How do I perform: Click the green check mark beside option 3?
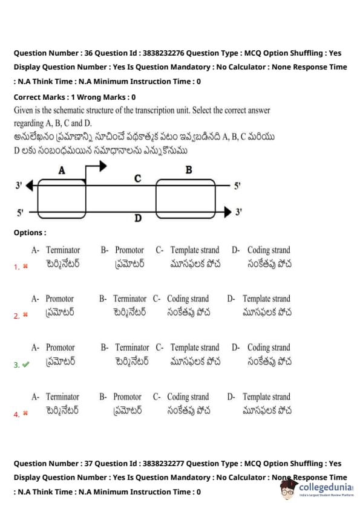coord(25,365)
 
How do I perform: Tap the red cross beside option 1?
coord(25,267)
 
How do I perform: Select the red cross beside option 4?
coord(25,413)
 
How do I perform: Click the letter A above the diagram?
coord(62,170)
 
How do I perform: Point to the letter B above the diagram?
coord(188,170)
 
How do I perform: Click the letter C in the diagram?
coord(137,178)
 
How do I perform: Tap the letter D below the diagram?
coord(138,218)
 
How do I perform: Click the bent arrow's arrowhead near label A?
coord(103,166)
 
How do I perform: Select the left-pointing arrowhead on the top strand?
coord(29,186)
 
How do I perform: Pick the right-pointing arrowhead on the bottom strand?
coord(227,212)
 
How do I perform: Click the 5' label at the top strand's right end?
coord(238,186)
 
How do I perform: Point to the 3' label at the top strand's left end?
coord(19,186)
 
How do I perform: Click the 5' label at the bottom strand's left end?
coord(20,213)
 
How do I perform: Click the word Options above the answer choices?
coord(28,233)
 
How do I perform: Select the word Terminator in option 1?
coord(63,250)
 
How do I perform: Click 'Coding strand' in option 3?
coord(269,348)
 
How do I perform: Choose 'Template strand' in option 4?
coord(266,397)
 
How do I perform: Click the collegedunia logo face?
coord(288,489)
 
